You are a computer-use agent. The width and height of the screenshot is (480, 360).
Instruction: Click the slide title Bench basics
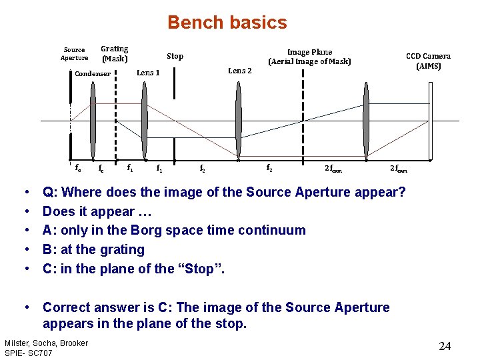227,23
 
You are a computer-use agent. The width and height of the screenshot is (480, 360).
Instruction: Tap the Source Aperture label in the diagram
75,53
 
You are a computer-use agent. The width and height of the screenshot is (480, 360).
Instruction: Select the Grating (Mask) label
114,53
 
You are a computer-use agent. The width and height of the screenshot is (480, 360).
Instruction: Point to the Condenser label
93,73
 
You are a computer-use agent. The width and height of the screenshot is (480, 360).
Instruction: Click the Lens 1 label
148,73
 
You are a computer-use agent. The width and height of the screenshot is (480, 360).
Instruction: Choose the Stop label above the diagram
175,56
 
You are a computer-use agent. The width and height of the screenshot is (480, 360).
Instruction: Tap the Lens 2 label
240,71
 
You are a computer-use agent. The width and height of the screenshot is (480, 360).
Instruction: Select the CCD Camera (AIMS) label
428,61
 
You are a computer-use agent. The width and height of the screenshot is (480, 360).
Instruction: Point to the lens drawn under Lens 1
143,120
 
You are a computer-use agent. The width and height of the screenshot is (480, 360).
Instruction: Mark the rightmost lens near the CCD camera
365,120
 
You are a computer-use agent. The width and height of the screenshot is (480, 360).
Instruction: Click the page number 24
445,346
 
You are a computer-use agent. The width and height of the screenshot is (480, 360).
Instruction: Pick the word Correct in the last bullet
69,307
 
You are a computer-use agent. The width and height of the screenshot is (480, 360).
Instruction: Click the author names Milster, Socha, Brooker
46,343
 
